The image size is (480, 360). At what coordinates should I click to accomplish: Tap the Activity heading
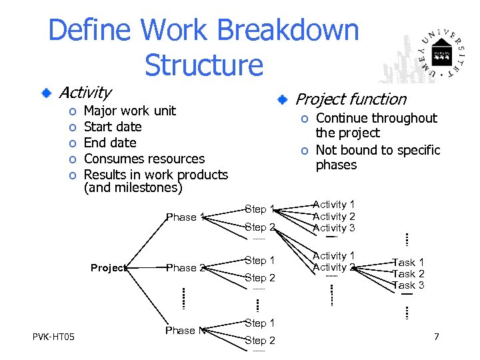(x=85, y=92)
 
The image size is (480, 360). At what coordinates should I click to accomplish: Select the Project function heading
(x=351, y=99)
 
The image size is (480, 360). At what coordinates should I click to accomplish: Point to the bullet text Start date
(x=113, y=127)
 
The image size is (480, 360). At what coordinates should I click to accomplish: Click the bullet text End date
(x=110, y=143)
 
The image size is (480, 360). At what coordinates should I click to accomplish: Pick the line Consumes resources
(x=144, y=159)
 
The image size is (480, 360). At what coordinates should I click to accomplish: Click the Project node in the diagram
(x=108, y=268)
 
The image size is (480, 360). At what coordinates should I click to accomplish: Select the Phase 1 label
(x=185, y=217)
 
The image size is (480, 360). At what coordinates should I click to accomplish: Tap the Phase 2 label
(x=185, y=268)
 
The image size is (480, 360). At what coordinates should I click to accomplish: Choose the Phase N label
(x=185, y=331)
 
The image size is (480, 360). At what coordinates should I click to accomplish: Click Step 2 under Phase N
(x=260, y=341)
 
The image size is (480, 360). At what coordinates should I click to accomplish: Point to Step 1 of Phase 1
(x=260, y=209)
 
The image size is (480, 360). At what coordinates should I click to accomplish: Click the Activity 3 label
(x=334, y=228)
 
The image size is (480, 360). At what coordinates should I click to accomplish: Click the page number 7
(x=436, y=337)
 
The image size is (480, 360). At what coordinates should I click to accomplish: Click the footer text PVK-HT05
(x=53, y=336)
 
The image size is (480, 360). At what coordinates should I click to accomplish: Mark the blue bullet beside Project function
(x=283, y=100)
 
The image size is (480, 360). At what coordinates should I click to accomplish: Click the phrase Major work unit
(x=130, y=111)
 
